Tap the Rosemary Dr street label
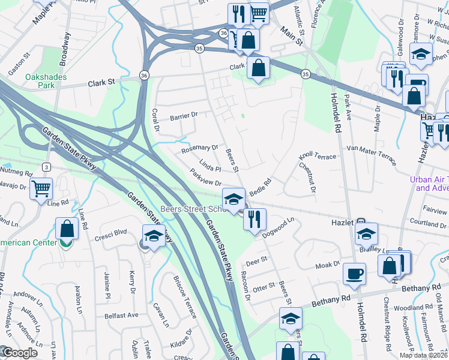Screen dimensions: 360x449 tap(199, 147)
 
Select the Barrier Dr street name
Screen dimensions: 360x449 tap(183, 116)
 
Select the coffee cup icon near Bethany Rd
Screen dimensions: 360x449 tap(354, 274)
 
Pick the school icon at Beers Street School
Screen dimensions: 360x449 tap(234, 199)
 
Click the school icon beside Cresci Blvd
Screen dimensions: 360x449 tap(154, 235)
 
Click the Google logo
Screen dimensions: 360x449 tap(19, 353)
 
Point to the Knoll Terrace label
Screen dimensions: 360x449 tap(318, 156)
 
